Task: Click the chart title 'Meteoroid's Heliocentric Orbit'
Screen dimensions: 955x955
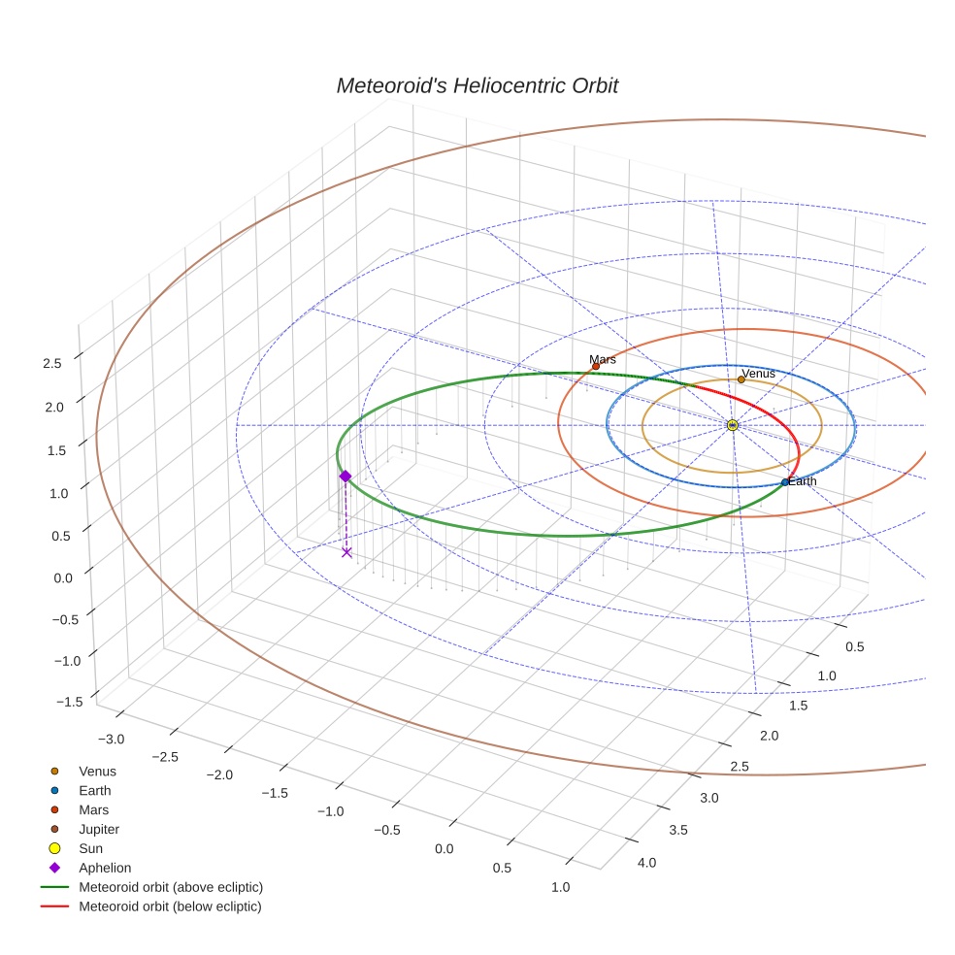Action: [477, 86]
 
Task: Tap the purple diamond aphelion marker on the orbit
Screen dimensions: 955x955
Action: [345, 476]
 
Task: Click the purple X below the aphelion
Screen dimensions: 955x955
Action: [346, 552]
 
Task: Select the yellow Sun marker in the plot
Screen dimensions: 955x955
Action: [732, 425]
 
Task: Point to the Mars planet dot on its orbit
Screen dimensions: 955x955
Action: [596, 366]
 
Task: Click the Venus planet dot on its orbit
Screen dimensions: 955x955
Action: [741, 379]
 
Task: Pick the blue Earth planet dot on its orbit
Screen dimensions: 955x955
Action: [785, 482]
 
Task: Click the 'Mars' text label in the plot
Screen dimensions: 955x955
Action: [603, 359]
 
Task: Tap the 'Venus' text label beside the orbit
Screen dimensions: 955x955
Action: [758, 373]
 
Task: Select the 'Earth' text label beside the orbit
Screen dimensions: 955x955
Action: [803, 481]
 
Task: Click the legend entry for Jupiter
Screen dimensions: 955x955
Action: [99, 829]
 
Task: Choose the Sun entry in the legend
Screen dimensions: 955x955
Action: [90, 848]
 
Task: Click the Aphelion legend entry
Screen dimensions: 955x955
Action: [105, 868]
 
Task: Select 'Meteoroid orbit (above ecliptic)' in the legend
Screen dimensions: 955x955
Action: [171, 887]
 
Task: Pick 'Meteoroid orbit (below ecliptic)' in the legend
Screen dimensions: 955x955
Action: [171, 906]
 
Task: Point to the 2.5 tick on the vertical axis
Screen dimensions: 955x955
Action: [52, 363]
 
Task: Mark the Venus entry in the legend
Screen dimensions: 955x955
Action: [97, 772]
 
